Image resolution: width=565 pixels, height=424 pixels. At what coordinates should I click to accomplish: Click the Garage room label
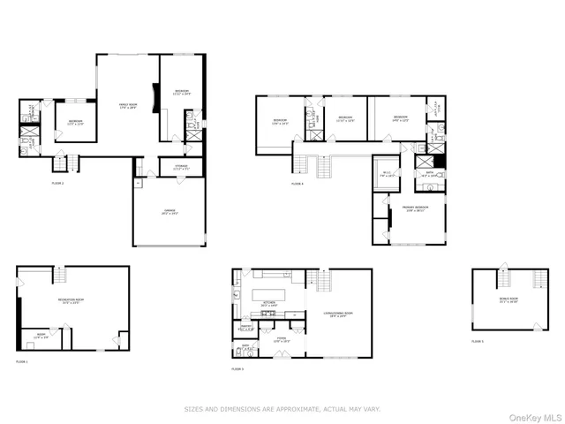(169, 211)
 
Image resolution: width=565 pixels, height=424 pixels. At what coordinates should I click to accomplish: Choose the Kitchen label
(269, 304)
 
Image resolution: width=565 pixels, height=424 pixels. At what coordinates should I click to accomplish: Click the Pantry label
(247, 328)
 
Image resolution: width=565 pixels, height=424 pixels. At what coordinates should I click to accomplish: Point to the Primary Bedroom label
(414, 208)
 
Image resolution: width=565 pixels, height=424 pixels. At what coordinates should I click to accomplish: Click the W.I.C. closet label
(385, 175)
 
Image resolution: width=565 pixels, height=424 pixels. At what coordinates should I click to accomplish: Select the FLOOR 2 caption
(57, 183)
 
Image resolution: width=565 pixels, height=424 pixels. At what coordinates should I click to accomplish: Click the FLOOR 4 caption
(296, 184)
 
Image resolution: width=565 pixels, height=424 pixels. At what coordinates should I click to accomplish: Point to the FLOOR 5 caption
(478, 340)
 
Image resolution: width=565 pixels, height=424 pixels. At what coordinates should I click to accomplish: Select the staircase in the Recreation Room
(58, 276)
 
